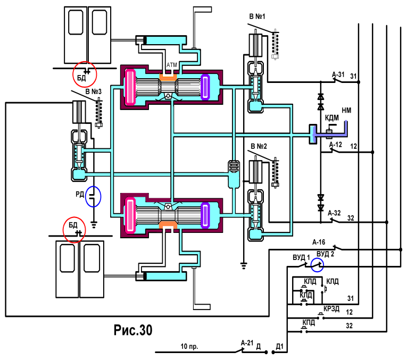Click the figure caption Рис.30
tap(133, 330)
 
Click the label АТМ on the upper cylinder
tap(171, 65)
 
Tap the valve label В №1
tap(257, 16)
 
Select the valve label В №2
tap(259, 146)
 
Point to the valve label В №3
tap(94, 91)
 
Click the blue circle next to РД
tap(93, 196)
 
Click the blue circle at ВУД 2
tap(317, 265)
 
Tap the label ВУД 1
tap(301, 257)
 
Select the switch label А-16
tap(319, 242)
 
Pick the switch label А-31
tap(338, 74)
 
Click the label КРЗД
tap(331, 308)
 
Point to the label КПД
tap(309, 323)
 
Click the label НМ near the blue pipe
tap(346, 111)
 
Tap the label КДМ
tap(332, 118)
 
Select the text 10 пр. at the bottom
tap(189, 347)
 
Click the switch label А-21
tap(247, 343)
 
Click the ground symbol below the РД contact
tap(94, 224)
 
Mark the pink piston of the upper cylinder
tap(130, 87)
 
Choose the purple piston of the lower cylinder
tap(205, 215)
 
